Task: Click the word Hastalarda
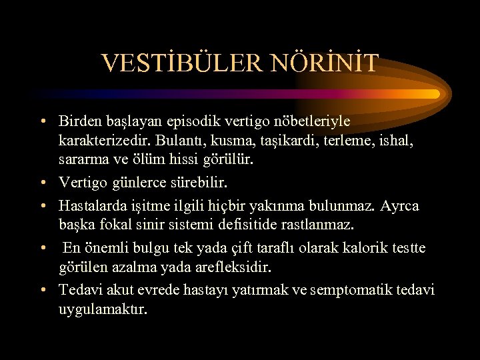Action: (x=91, y=205)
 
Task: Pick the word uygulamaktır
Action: (x=103, y=309)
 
